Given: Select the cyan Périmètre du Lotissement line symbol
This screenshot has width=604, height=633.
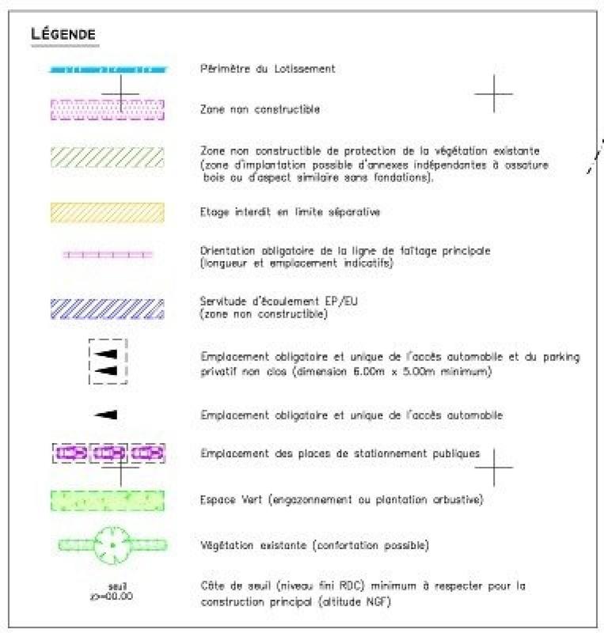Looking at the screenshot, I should coord(108,70).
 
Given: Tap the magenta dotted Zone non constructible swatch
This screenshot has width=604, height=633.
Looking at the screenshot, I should coord(108,109).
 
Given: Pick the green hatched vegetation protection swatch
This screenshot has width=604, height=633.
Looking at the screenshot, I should coord(108,157).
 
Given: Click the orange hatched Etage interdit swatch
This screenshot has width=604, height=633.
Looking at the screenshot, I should coord(108,212).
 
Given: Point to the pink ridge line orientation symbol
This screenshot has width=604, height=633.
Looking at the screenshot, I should coord(108,255).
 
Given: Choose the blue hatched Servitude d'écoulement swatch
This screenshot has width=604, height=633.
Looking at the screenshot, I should coord(108,309).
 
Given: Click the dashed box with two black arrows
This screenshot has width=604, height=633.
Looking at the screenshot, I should coord(108,362).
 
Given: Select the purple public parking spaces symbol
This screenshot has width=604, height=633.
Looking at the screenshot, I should coord(108,453).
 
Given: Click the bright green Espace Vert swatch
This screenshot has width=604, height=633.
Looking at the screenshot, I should coord(108,501).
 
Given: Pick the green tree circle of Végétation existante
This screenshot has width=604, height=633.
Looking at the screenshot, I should coord(112,545).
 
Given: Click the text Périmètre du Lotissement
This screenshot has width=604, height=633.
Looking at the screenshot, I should coord(268,69).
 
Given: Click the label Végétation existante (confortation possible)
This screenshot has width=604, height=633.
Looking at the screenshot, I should coord(315,546).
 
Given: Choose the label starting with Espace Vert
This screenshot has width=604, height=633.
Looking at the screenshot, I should coord(342,501).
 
